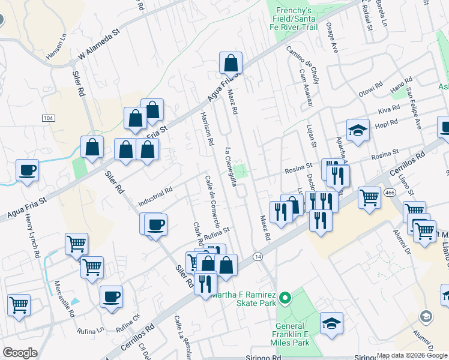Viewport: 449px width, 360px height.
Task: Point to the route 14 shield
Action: (x=258, y=256)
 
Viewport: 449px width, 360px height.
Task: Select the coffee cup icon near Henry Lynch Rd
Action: (x=27, y=170)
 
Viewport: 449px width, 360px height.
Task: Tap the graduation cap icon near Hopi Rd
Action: (x=358, y=131)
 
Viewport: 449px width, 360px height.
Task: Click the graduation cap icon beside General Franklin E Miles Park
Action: (x=331, y=324)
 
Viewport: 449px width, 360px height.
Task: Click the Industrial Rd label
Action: (x=155, y=196)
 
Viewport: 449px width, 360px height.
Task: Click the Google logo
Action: (x=19, y=353)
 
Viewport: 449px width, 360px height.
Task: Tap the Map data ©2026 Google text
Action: (x=412, y=355)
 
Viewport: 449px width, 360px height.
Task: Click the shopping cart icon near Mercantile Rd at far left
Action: (x=19, y=305)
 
